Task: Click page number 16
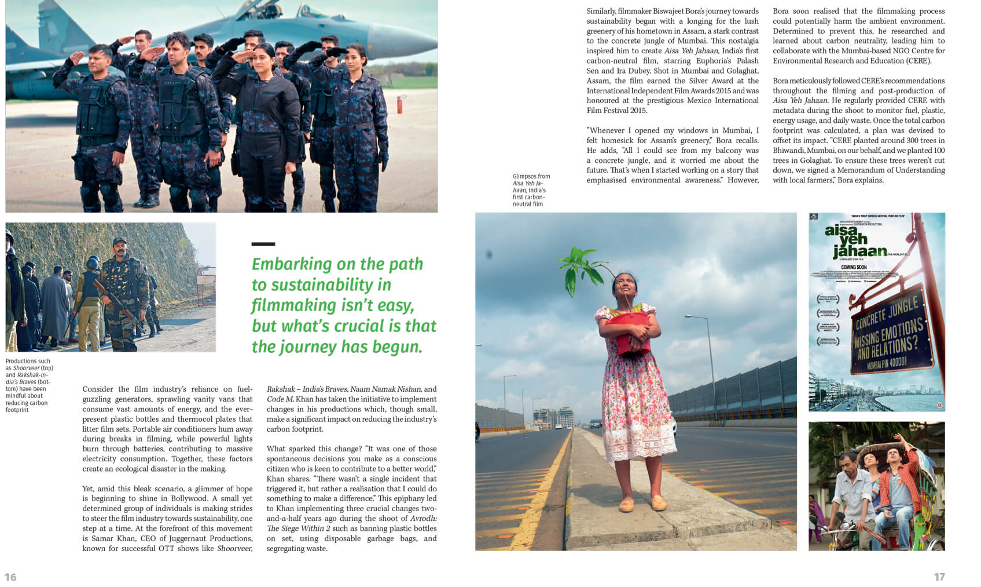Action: pos(10,577)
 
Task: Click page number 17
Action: pos(939,577)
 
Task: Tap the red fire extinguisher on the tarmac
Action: pos(399,105)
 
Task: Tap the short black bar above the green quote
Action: pos(263,244)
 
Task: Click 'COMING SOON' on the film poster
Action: pos(854,267)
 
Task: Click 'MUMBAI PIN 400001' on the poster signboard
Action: pos(887,363)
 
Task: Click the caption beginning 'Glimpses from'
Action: pos(531,190)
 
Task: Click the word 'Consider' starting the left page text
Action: pos(98,389)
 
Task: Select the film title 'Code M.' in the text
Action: pos(281,399)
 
